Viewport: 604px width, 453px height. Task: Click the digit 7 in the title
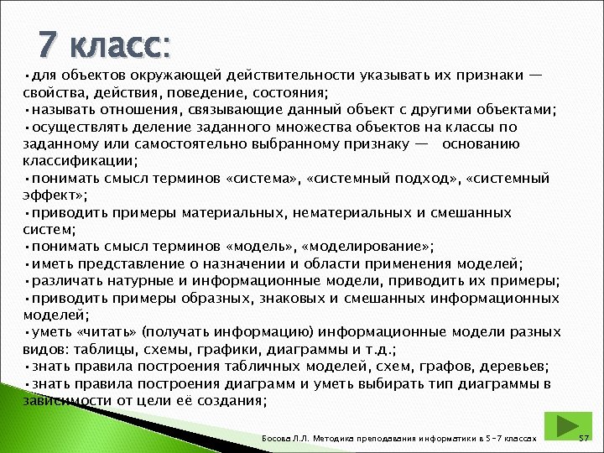pyautogui.click(x=49, y=43)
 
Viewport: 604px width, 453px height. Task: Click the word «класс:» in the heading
pyautogui.click(x=120, y=44)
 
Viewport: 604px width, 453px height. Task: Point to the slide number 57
pyautogui.click(x=586, y=439)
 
